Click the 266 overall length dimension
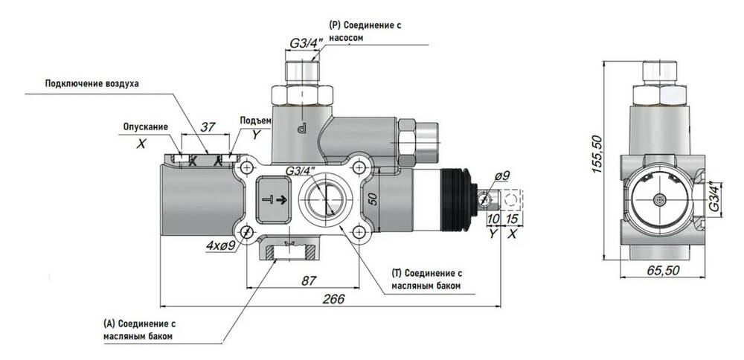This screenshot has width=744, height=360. coord(334,298)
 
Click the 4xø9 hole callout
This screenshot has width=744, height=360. coord(222,245)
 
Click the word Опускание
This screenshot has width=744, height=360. coord(146,126)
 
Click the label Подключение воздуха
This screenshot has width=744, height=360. coord(92,83)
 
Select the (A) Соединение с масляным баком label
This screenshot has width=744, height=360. coord(139,330)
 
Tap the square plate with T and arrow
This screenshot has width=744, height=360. coord(278,199)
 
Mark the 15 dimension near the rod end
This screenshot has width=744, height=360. coord(512,220)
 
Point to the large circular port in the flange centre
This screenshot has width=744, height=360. coord(325,199)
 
